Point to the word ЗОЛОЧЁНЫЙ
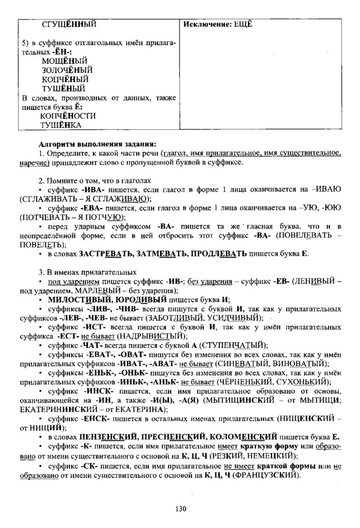click(68, 70)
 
